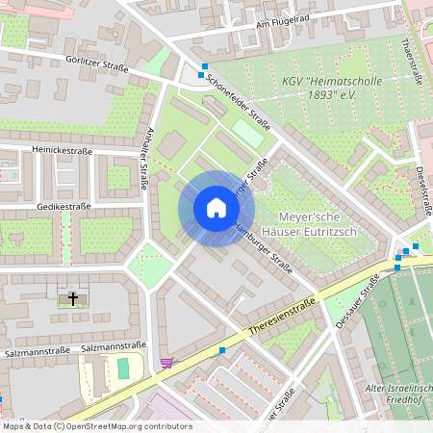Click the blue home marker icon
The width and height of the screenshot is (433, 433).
pyautogui.click(x=216, y=208)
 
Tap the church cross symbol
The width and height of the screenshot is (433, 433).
pyautogui.click(x=72, y=298)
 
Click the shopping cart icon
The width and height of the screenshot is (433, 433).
pyautogui.click(x=167, y=363)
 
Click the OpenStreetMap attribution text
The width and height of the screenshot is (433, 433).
pyautogui.click(x=96, y=426)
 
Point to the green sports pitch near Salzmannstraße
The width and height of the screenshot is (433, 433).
pyautogui.click(x=122, y=368)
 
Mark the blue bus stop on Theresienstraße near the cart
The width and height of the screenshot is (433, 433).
pyautogui.click(x=222, y=351)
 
